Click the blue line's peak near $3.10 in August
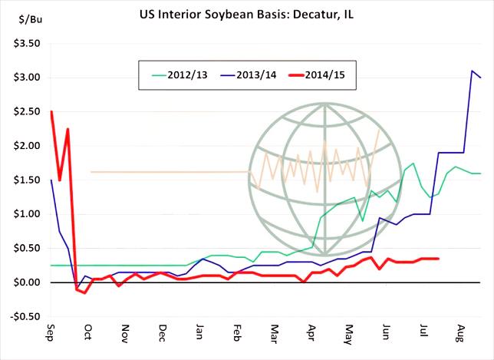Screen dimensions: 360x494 pyautogui.click(x=473, y=71)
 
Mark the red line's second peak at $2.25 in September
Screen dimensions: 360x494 pyautogui.click(x=68, y=129)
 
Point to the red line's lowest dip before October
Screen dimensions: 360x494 pyautogui.click(x=85, y=292)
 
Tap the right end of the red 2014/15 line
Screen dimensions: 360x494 pyautogui.click(x=438, y=259)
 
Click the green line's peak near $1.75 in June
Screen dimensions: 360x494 pyautogui.click(x=413, y=163)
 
